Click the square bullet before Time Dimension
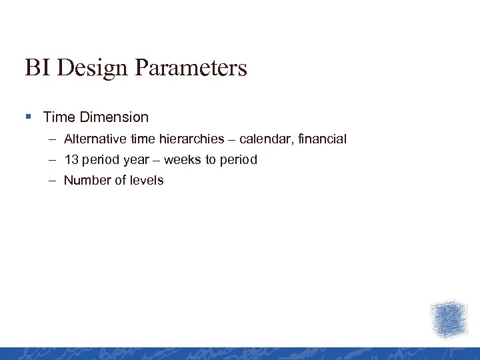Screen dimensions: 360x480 (28, 117)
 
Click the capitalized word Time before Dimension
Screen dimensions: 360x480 (59, 117)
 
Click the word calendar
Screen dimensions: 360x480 (264, 139)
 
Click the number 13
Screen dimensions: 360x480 (71, 160)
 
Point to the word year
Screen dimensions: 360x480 (136, 161)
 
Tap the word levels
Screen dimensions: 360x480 (146, 181)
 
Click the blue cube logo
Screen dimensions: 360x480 (449, 319)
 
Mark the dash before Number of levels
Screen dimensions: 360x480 (53, 181)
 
